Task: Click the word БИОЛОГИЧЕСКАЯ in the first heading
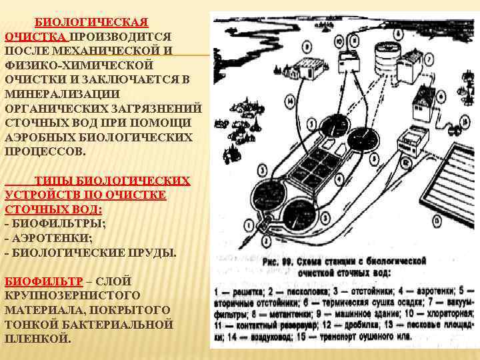[x=91, y=23]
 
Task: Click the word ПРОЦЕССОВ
[x=45, y=151]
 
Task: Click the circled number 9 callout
[x=306, y=47]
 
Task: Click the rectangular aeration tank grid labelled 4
[x=317, y=164]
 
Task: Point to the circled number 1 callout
[x=249, y=227]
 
